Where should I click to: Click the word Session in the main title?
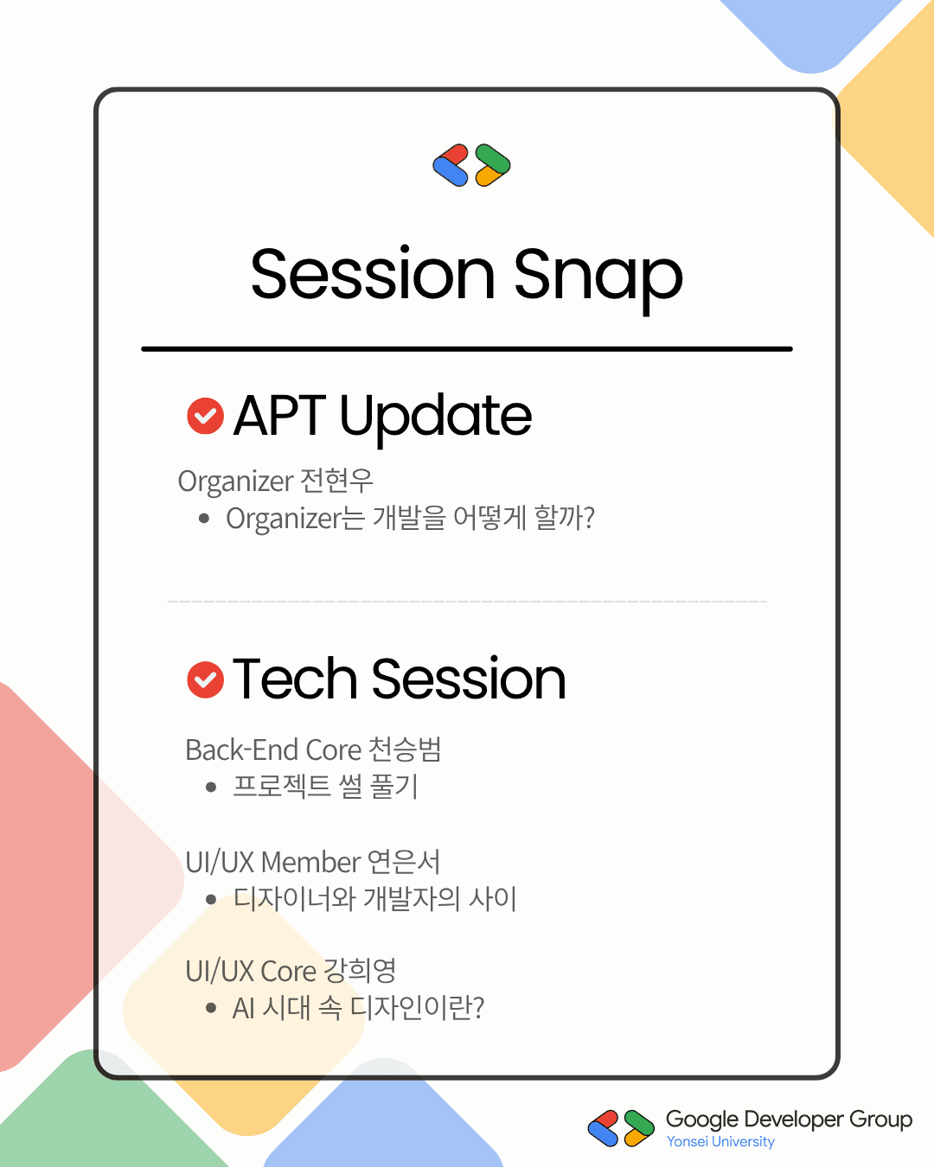[373, 273]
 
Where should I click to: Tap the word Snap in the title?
[598, 278]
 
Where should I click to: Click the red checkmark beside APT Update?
[205, 416]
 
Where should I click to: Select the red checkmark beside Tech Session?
[205, 679]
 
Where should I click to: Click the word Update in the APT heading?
[436, 418]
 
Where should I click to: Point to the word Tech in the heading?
[295, 678]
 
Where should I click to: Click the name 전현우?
[336, 481]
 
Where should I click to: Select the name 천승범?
[405, 749]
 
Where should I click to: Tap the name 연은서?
[404, 862]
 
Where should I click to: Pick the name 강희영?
[360, 970]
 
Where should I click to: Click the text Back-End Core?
[273, 750]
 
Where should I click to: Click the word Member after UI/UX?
[311, 862]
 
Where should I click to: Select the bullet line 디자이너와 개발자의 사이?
[374, 898]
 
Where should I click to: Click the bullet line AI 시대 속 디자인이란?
[358, 1008]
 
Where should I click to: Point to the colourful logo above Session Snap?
[471, 165]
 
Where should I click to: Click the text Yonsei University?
[720, 1142]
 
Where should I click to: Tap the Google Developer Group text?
[789, 1119]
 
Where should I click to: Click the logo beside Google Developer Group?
[621, 1128]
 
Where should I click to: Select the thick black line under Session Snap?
[467, 349]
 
